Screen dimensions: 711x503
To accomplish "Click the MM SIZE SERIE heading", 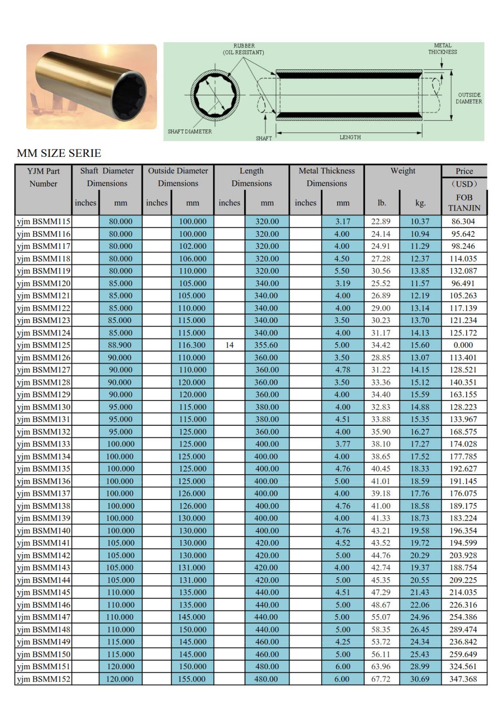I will pos(59,153).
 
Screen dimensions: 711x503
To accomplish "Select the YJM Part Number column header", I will pos(43,177).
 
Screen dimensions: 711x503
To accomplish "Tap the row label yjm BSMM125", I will pos(44,345).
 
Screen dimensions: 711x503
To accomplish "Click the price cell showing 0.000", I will pos(463,345).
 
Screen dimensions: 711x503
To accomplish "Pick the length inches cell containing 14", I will pos(229,345).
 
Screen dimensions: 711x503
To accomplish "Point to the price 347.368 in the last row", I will pos(463,679).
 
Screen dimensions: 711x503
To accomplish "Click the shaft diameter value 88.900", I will pos(120,345).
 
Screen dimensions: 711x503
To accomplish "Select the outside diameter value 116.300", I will pos(192,345).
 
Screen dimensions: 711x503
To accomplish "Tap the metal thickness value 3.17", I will pos(342,221).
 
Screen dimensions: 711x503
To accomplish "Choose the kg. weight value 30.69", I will pos(420,679).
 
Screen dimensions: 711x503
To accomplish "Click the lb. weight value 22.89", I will pos(381,221).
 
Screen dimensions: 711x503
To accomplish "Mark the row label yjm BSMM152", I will pos(44,679).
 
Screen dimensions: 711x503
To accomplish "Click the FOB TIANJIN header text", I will pos(464,203).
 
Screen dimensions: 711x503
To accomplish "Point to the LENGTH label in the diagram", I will pos(350,137).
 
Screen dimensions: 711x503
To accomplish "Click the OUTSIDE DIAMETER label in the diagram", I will pos(469,98).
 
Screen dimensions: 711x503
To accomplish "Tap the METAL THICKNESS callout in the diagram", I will pos(443,48).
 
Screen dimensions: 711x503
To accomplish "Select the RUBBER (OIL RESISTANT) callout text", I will pos(244,49).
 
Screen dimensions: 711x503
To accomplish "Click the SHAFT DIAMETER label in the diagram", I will pos(189,132).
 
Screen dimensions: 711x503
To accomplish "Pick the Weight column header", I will pos(403,171).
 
